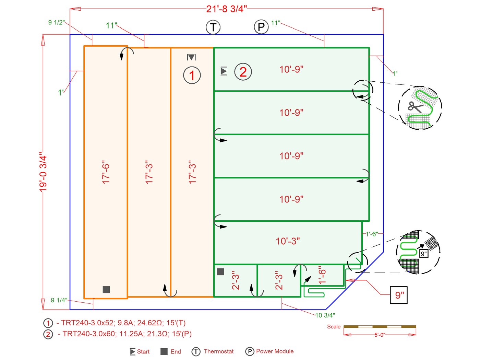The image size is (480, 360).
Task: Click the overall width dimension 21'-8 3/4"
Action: [226, 9]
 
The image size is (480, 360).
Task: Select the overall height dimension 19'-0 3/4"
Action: [43, 172]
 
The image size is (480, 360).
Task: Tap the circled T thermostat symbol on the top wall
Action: [213, 27]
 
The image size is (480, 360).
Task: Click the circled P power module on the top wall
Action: [261, 27]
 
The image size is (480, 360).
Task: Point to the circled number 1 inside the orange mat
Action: [192, 75]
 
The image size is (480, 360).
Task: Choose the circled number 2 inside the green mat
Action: [243, 72]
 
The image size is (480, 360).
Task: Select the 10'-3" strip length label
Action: [288, 241]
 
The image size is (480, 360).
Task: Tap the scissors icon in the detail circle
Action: [416, 107]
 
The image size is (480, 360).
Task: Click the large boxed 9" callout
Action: [399, 295]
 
